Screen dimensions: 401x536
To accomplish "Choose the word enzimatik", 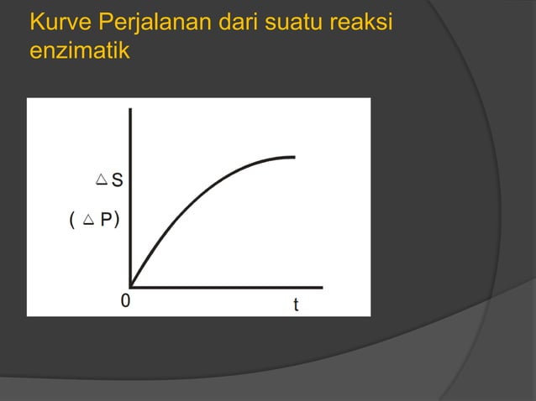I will click(x=79, y=52).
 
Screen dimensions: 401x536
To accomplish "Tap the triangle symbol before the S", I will click(x=102, y=179).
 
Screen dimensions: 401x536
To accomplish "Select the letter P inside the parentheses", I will click(x=107, y=221).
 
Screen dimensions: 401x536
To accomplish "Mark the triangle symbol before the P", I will click(x=89, y=221).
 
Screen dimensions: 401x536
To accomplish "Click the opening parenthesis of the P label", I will click(x=73, y=221).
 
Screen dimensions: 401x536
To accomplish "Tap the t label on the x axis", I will click(x=295, y=305).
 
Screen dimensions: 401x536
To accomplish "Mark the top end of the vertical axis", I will click(x=130, y=110).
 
